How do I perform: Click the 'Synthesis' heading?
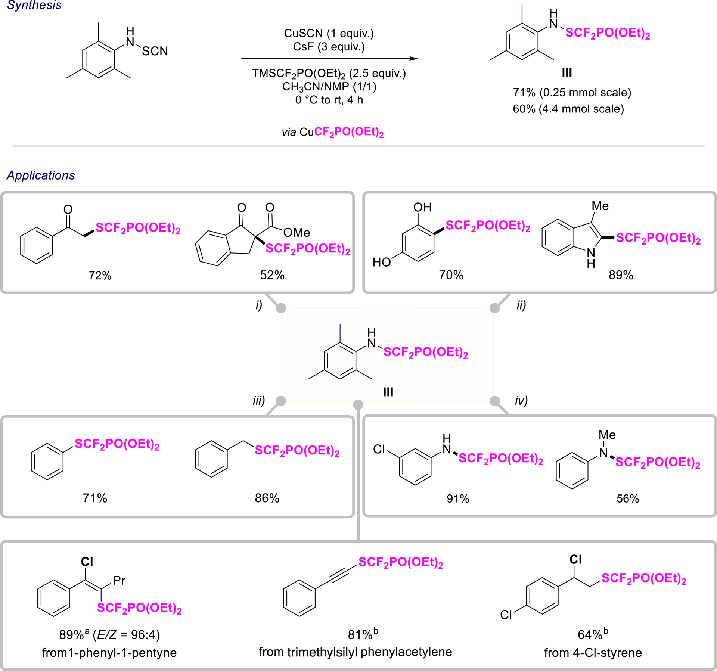coord(34,5)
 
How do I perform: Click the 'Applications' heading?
coord(41,175)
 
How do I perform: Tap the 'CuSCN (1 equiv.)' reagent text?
coord(329,34)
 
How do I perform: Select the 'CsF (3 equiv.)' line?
coord(329,47)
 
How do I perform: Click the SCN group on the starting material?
coord(155,51)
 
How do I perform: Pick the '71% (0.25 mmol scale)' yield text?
coord(572,93)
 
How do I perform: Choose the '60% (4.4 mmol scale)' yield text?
coord(568,109)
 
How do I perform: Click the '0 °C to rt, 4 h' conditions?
coord(329,100)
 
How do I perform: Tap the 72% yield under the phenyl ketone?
coord(100,276)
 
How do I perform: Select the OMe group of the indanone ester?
coord(297,233)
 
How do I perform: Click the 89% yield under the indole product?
coord(621,275)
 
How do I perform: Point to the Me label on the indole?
coord(600,206)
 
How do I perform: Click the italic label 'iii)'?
coord(258,401)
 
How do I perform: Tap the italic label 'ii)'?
coord(521,305)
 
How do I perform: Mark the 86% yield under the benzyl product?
coord(267,498)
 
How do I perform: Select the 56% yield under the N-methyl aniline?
coord(627,499)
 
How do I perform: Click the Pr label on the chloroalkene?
coord(119,580)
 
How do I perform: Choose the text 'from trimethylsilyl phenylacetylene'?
coord(355,652)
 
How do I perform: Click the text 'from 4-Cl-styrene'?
coord(593,653)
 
